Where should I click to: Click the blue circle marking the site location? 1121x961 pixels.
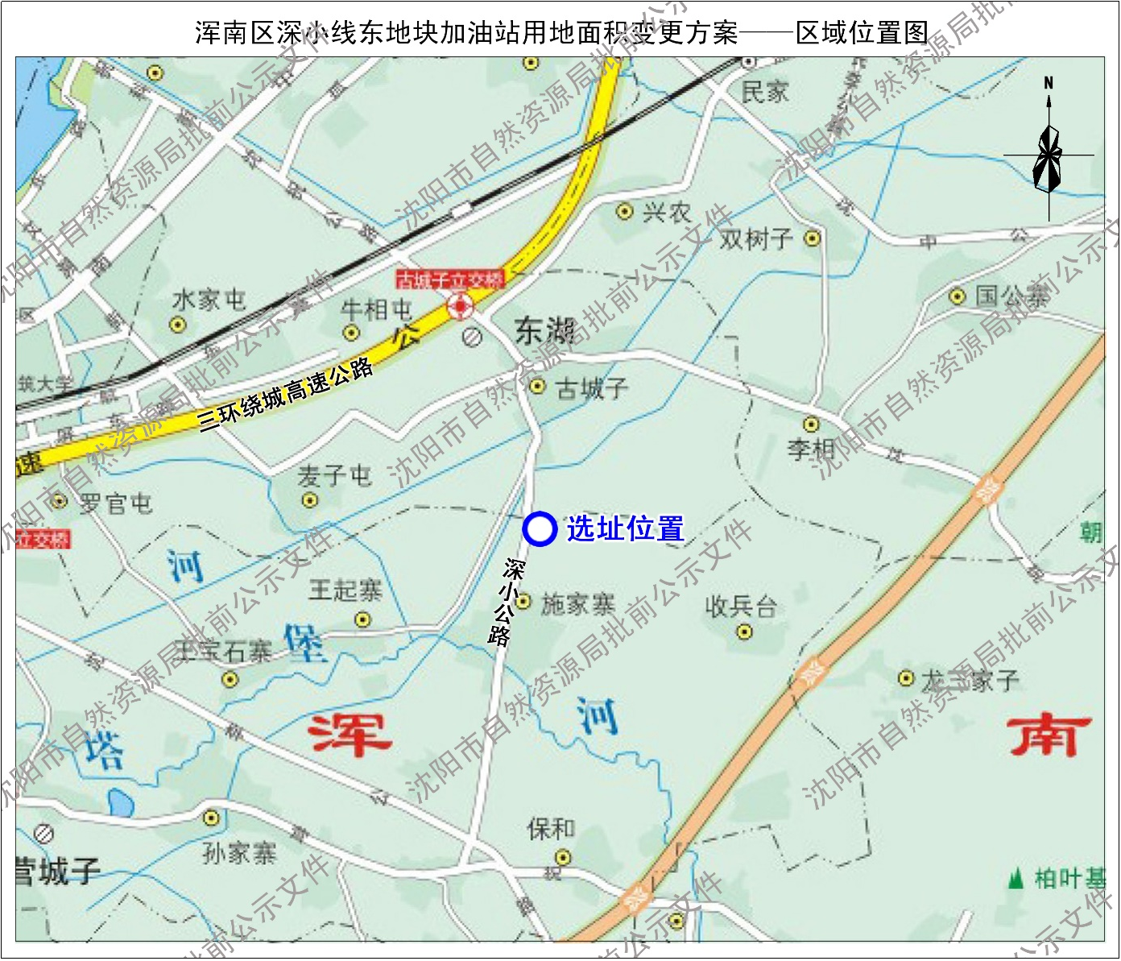[540, 529]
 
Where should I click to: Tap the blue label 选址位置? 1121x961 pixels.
[625, 529]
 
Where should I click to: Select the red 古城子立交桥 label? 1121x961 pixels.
[449, 280]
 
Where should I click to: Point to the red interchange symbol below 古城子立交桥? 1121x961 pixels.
[460, 306]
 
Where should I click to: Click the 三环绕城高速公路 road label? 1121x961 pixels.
[287, 395]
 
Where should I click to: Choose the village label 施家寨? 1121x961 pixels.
[577, 604]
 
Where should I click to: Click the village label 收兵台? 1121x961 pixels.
[741, 606]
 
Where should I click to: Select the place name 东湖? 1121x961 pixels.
[546, 330]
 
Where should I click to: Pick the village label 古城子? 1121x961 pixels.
[592, 389]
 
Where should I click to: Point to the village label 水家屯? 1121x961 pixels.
[209, 300]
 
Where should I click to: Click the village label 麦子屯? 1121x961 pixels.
[333, 476]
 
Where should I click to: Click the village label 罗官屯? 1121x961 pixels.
[115, 504]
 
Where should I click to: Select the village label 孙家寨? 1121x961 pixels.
[239, 852]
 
